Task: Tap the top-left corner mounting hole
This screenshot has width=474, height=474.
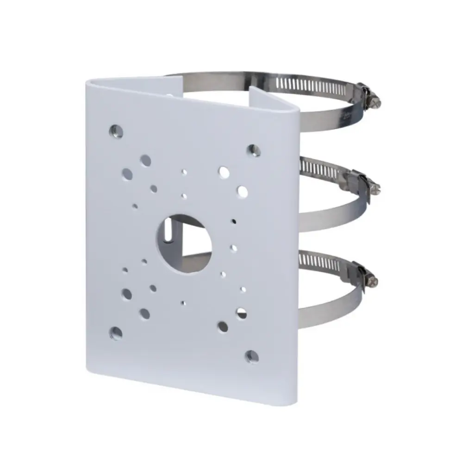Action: [116, 130]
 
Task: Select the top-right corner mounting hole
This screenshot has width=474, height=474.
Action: [253, 150]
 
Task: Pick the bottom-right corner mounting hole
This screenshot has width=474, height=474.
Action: [252, 356]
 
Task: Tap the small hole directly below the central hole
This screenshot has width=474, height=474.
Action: [184, 303]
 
